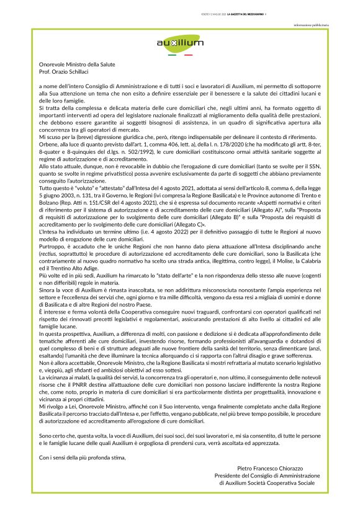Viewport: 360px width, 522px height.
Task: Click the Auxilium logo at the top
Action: pos(180,42)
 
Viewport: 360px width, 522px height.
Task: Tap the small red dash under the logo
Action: pos(187,55)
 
